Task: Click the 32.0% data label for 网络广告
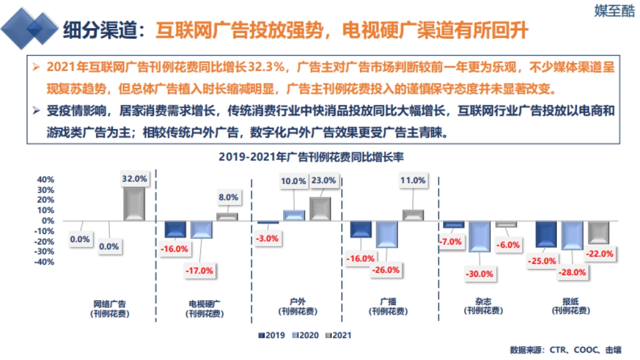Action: point(134,179)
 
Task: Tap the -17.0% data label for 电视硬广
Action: point(199,270)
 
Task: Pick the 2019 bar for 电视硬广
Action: point(175,229)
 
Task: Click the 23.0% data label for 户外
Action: point(323,180)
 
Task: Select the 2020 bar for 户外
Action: point(294,215)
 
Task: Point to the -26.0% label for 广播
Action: point(386,270)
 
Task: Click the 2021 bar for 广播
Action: point(413,215)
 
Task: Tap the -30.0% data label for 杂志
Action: point(479,274)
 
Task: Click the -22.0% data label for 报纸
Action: point(600,254)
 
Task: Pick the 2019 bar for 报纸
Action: point(546,234)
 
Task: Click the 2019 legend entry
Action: point(272,335)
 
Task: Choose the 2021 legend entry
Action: point(338,335)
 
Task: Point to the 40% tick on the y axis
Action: point(45,180)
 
